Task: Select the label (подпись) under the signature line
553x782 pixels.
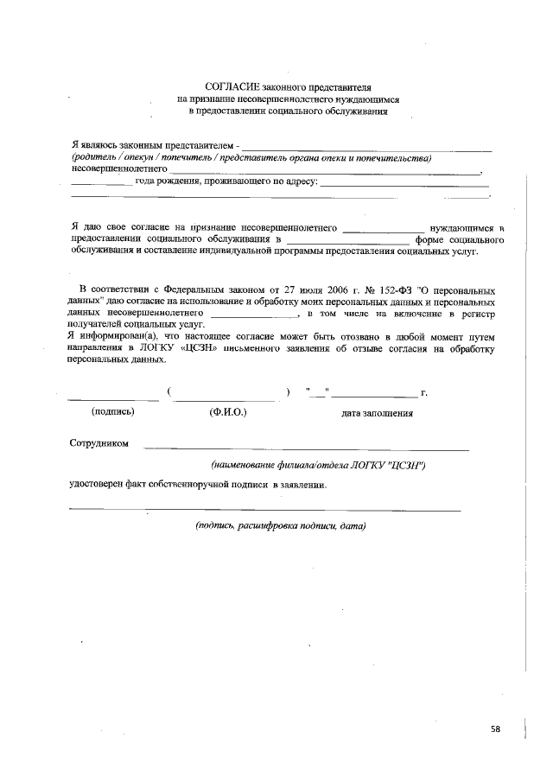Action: (x=112, y=412)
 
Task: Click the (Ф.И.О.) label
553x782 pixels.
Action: (x=228, y=412)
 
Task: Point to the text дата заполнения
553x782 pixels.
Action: (x=377, y=413)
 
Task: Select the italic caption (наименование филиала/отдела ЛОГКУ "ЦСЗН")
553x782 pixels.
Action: (x=318, y=465)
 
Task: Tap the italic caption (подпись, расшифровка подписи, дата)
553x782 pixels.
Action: (x=282, y=525)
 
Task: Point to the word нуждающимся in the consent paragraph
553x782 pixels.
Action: (x=461, y=226)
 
